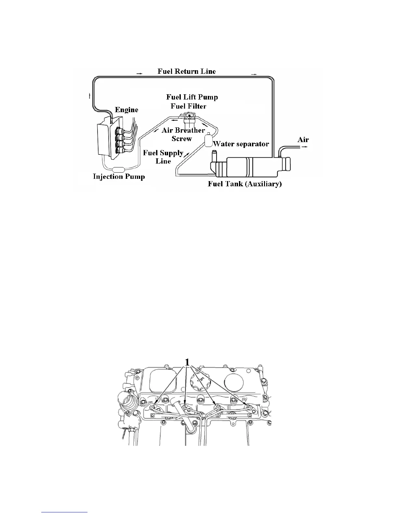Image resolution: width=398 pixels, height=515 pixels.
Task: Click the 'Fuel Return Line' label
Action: click(187, 71)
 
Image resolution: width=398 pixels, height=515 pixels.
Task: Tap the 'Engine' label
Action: click(126, 110)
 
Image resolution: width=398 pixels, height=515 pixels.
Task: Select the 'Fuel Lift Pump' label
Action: click(192, 97)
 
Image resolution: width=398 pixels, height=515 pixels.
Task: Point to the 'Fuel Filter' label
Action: click(189, 106)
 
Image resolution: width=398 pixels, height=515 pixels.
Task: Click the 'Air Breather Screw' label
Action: click(183, 134)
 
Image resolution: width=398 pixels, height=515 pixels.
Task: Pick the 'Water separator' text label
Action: click(241, 144)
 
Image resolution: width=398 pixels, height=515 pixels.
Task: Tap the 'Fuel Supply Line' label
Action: click(163, 157)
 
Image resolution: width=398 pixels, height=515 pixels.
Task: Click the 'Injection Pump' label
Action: click(119, 177)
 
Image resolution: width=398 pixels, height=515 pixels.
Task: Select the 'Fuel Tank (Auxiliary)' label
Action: click(245, 184)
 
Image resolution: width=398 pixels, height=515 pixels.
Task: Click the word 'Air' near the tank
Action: click(303, 139)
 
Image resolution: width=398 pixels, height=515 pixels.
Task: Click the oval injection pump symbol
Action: click(119, 169)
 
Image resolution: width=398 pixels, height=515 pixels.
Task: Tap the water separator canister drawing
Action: click(208, 140)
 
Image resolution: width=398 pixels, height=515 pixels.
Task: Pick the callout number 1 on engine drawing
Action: click(187, 362)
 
